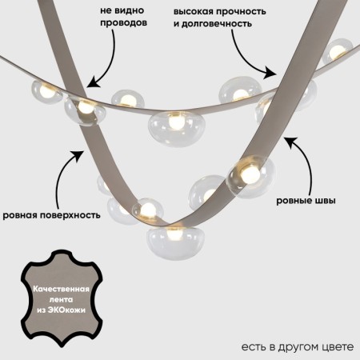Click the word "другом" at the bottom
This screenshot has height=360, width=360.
click(294, 346)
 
